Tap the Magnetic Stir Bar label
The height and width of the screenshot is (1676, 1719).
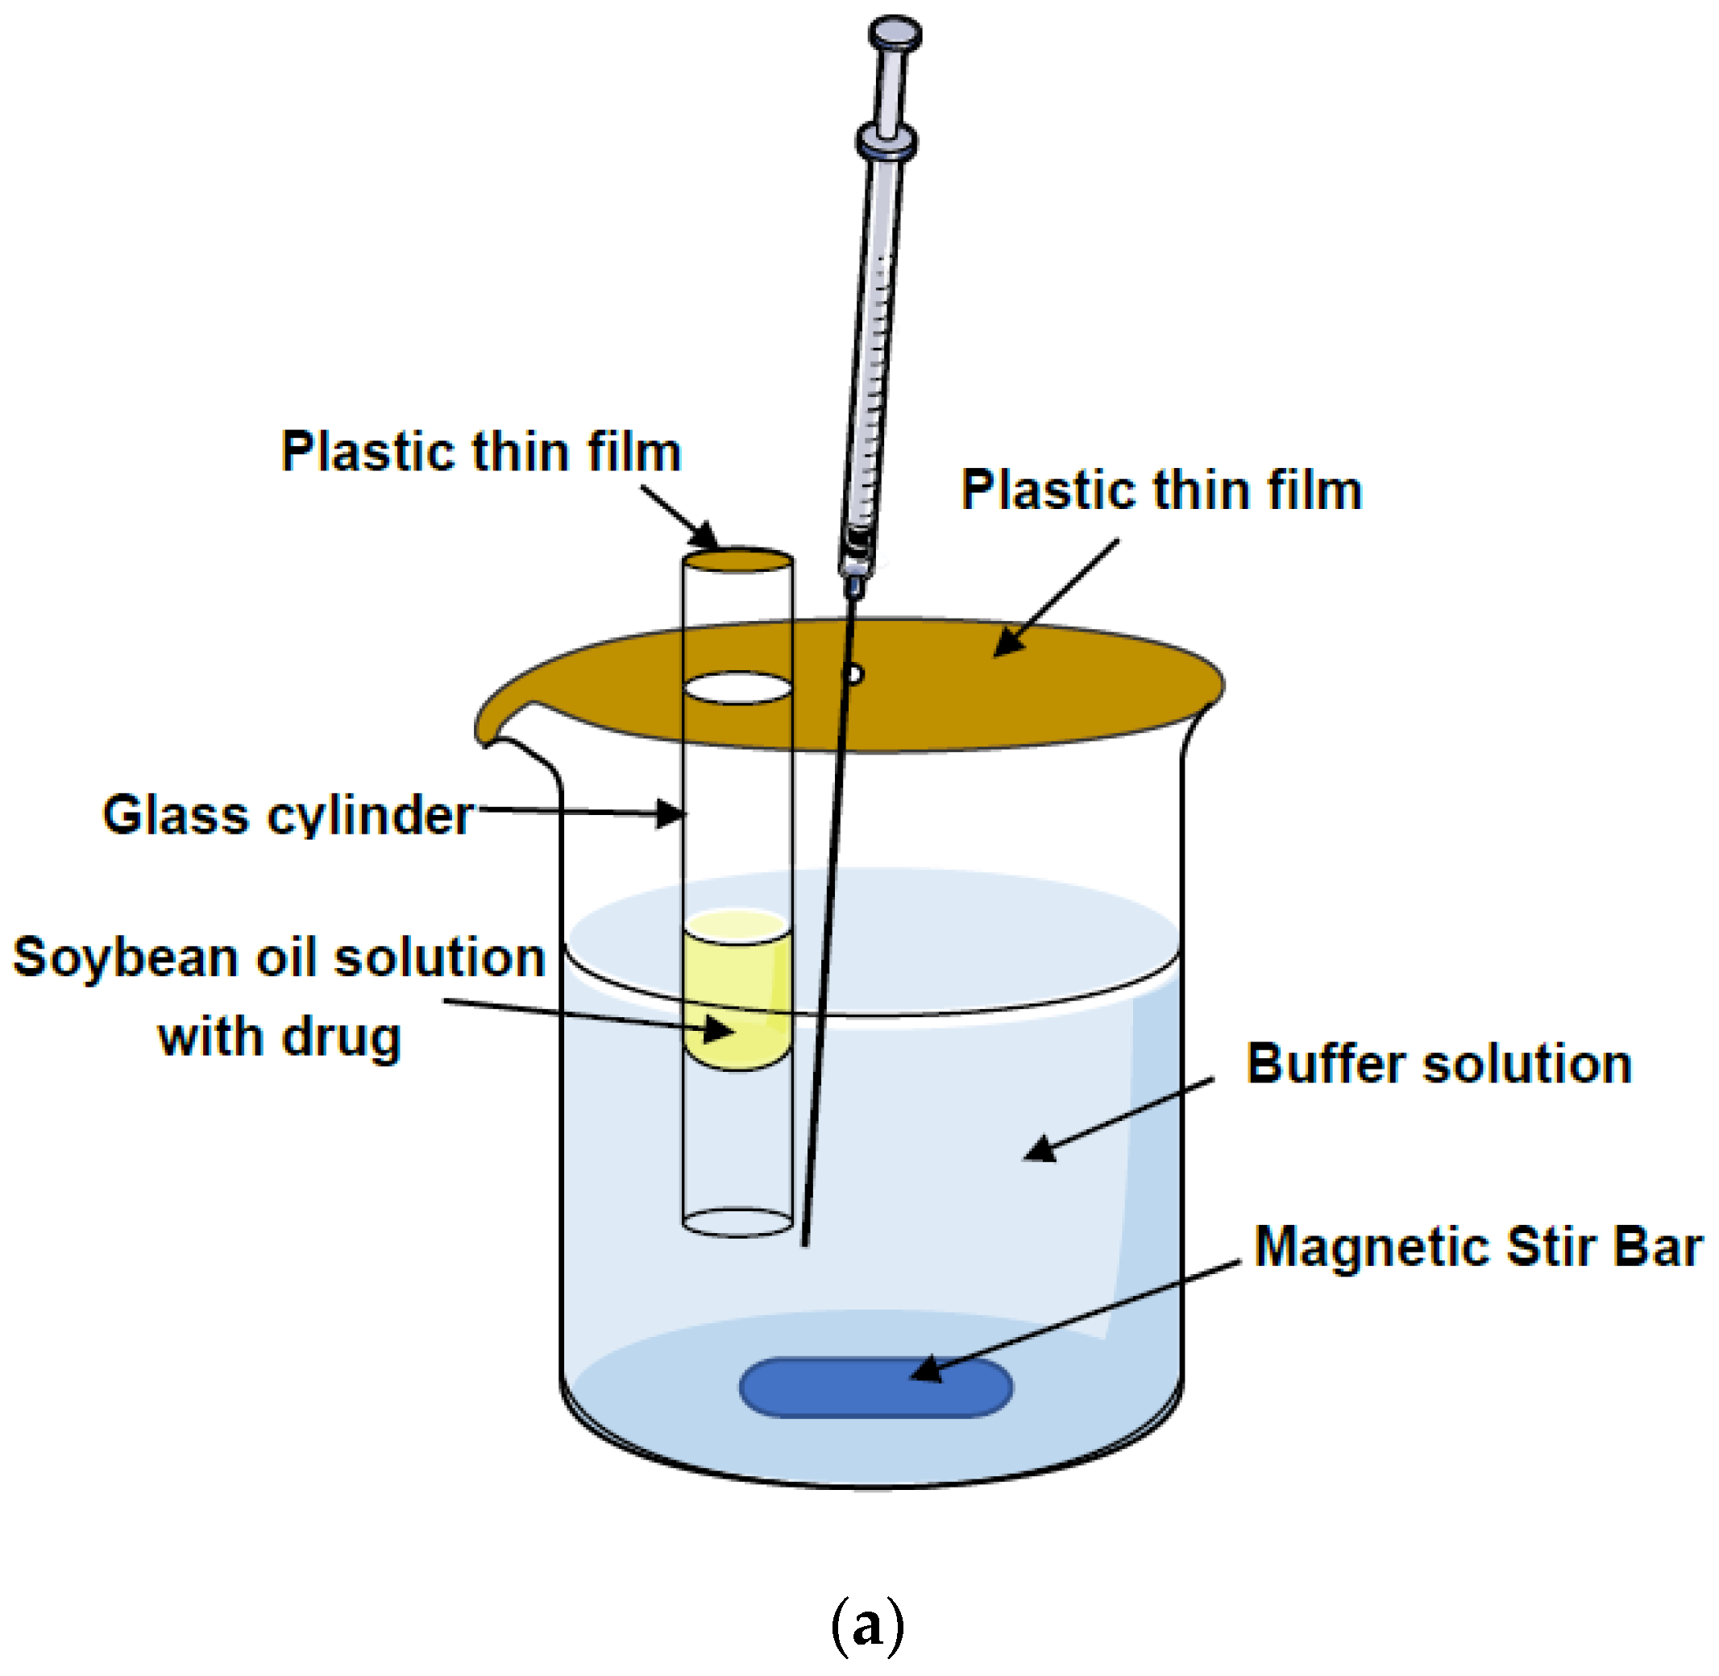pyautogui.click(x=1477, y=1247)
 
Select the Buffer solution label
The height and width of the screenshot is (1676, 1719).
pyautogui.click(x=1438, y=1063)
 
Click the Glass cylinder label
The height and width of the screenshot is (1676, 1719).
pyautogui.click(x=288, y=814)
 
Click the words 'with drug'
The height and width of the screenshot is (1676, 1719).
pyautogui.click(x=279, y=1037)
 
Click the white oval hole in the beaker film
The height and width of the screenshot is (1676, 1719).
pyautogui.click(x=738, y=689)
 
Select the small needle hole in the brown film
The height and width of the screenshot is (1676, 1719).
pyautogui.click(x=853, y=675)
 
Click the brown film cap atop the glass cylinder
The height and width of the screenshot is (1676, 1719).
pyautogui.click(x=738, y=560)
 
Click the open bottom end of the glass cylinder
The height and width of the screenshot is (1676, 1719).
pyautogui.click(x=738, y=1223)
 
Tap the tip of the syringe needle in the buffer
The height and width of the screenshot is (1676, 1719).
pyautogui.click(x=804, y=1242)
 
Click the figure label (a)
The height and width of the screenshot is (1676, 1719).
pyautogui.click(x=866, y=1625)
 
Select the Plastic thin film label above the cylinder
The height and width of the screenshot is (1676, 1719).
pyautogui.click(x=481, y=452)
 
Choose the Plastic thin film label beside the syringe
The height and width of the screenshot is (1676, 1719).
pyautogui.click(x=1161, y=490)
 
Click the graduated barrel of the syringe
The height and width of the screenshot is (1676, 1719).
pyautogui.click(x=874, y=352)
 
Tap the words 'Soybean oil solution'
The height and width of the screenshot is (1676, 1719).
pyautogui.click(x=279, y=957)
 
